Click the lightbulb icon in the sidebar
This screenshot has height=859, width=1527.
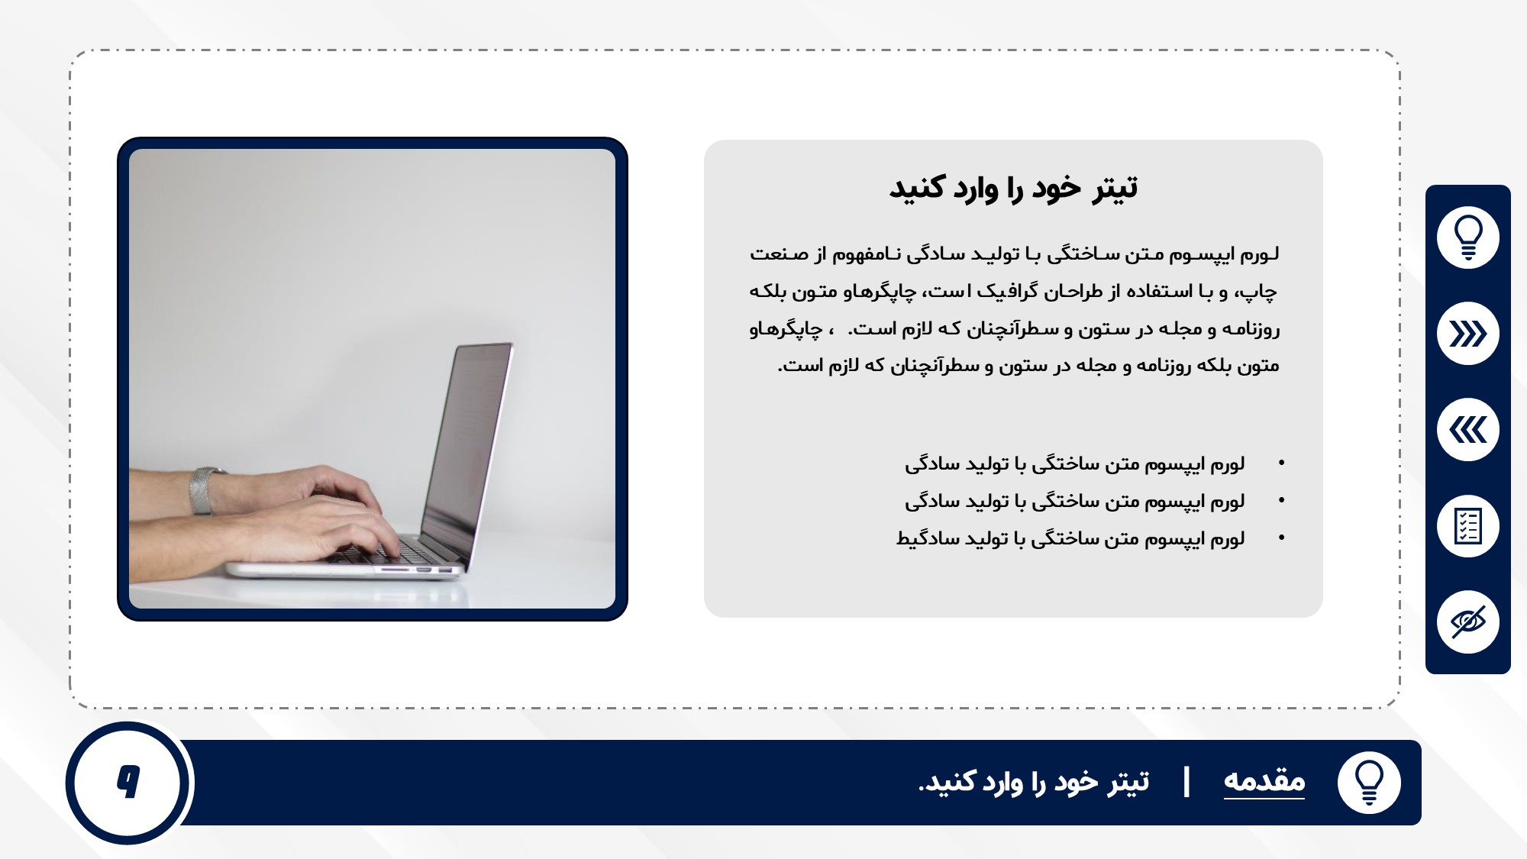1467,237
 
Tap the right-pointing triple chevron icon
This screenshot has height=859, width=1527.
1467,334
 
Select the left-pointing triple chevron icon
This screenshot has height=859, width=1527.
1467,430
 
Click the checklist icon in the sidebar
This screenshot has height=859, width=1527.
1467,526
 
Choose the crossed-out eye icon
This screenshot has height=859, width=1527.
1467,622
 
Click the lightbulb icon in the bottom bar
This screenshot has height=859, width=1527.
1369,783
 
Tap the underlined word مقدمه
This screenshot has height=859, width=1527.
1264,781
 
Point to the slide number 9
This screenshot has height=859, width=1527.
128,782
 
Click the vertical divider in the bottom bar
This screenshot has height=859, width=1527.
1186,783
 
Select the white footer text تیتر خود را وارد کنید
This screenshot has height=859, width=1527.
1034,782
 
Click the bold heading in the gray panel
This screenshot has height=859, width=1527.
1013,188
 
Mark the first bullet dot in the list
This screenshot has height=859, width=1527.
1281,463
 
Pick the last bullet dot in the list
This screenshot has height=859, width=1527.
1281,538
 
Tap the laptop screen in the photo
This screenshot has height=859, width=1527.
467,447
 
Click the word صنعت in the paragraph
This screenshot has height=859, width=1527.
779,254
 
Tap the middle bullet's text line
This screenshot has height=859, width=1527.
1075,501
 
